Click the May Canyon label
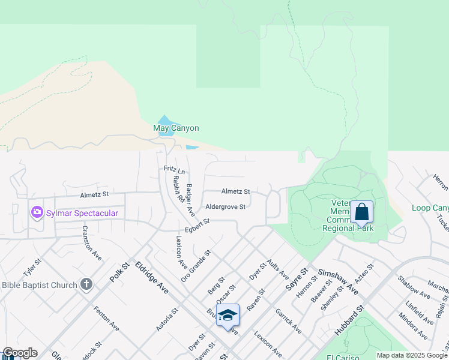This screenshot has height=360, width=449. tap(176, 128)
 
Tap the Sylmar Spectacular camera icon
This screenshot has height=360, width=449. tap(37, 212)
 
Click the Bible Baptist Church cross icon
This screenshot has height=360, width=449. tap(86, 284)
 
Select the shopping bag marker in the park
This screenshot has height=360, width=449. tap(361, 212)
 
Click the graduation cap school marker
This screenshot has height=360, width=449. tap(228, 315)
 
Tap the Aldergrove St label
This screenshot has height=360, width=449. tap(226, 207)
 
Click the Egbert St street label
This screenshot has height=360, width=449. tap(197, 223)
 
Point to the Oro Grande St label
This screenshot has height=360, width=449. tap(196, 266)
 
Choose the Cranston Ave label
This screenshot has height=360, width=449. tap(92, 243)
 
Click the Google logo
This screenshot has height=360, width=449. tap(20, 353)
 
